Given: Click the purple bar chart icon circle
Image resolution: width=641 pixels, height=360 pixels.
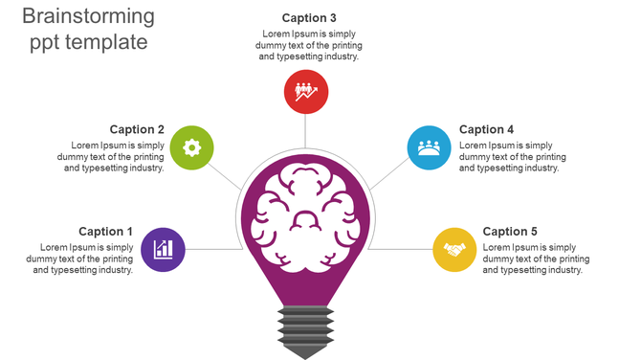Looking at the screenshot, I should coord(164,249).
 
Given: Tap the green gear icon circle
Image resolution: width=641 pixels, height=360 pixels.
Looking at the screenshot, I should coord(191,147).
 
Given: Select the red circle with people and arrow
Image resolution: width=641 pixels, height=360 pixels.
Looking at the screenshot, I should coord(306,92).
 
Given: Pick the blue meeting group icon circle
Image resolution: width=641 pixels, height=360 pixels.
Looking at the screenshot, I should coord(429,147).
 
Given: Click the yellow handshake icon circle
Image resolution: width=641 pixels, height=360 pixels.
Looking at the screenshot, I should coord(454,249).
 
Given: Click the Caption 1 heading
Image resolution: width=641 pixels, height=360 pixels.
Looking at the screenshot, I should coord(105,232).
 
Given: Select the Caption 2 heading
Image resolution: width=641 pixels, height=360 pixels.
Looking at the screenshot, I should coord(137,129).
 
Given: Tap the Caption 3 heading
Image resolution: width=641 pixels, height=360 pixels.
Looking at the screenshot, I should coord(309,18).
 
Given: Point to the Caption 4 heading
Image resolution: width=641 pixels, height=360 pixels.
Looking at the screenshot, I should coord(486,129).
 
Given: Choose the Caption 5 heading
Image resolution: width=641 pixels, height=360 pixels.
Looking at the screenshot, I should coord(510,232).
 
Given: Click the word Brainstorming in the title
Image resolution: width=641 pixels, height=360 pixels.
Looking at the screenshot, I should coord(87,16).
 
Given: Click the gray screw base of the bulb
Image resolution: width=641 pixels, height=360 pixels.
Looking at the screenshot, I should coord(305,326).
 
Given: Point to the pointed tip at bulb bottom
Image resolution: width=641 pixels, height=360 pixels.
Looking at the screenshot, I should coord(305,354).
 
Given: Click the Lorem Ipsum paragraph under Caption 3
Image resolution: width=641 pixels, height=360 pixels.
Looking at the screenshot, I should coord(309,45).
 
